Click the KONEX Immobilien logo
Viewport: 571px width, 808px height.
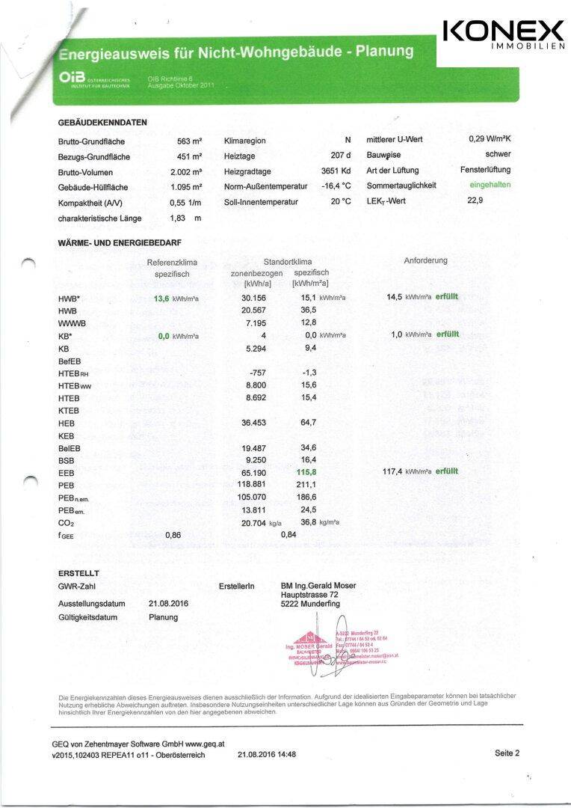coord(504,35)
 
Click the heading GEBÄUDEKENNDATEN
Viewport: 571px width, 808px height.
coord(102,123)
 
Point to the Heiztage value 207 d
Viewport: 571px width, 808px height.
coord(340,156)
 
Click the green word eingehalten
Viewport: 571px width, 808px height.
coord(490,185)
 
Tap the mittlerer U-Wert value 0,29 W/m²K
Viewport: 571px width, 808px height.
coord(489,139)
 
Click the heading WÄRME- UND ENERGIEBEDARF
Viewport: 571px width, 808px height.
coord(120,242)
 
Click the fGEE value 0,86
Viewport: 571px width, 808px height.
coord(173,535)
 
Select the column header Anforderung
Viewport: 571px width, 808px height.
coord(425,260)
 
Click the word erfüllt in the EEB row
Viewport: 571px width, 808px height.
coord(447,471)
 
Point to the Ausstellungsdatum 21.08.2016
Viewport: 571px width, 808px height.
coord(168,603)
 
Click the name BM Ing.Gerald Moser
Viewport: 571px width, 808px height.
coord(318,585)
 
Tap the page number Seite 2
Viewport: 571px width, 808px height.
coord(507,753)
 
